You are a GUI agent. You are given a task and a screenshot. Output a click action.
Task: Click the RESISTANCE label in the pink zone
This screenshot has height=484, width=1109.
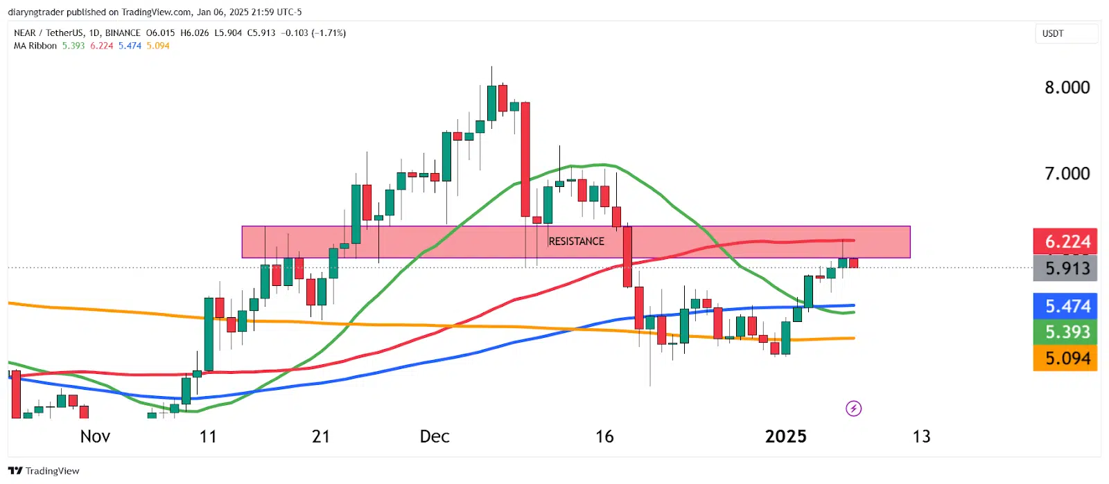point(576,241)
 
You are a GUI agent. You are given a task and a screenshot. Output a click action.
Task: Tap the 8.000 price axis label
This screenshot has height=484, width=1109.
point(1067,87)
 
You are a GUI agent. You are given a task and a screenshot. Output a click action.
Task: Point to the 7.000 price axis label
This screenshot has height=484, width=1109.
point(1067,173)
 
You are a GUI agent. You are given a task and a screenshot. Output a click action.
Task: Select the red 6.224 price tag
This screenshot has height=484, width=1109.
point(1065,241)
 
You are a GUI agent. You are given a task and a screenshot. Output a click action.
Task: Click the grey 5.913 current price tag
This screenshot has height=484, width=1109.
point(1065,268)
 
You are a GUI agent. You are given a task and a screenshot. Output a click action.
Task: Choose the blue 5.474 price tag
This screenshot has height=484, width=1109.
point(1065,306)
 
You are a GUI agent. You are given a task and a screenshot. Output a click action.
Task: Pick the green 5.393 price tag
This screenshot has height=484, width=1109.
point(1065,332)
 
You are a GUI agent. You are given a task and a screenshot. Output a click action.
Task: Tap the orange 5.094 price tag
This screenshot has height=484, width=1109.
point(1065,358)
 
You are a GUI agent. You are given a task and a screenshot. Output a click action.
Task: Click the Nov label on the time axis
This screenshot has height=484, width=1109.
point(95,436)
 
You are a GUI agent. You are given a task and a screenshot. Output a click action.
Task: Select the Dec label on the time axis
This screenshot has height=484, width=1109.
point(435,436)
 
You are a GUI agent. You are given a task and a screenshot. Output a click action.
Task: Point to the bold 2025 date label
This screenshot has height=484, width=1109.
point(785,436)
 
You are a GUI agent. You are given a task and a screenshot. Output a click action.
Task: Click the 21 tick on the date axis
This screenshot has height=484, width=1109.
point(320,436)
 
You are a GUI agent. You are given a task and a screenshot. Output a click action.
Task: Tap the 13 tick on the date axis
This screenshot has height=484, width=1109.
point(921,436)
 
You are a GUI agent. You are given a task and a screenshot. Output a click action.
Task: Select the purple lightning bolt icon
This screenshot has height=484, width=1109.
point(853,409)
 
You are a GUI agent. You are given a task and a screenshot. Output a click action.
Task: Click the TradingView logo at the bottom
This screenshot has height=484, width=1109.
point(44,471)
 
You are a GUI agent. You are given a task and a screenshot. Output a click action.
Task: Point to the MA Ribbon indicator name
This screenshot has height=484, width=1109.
point(35,46)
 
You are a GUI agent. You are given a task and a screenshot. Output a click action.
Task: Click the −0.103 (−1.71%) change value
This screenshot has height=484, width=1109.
point(313,33)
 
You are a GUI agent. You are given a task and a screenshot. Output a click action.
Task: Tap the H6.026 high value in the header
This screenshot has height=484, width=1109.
point(194,33)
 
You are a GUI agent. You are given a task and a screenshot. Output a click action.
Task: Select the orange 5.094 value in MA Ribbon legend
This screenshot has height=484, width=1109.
point(158,46)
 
